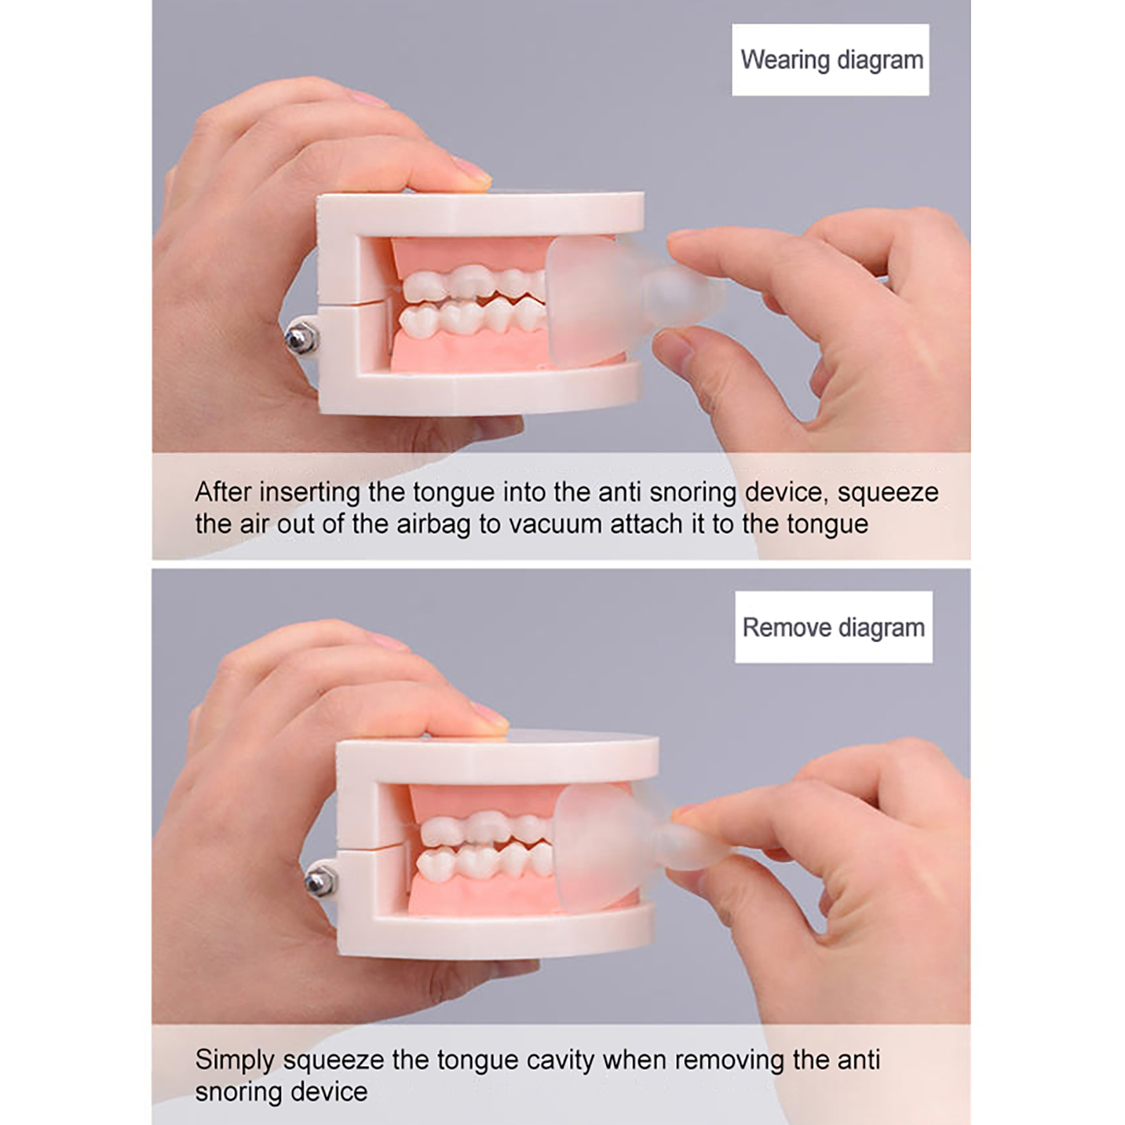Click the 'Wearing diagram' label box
830,60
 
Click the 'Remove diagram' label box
834,627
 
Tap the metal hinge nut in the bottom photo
320,880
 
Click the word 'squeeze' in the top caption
888,492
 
